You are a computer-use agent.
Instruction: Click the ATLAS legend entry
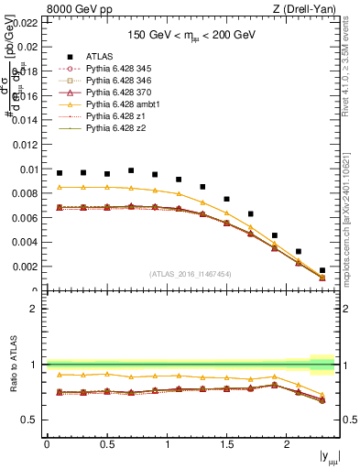(98, 57)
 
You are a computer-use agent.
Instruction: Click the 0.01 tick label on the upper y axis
(28, 169)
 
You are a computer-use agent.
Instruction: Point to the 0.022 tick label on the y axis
(26, 22)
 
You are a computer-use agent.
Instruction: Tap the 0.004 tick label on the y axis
(26, 243)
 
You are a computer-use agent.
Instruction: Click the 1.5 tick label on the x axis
(227, 444)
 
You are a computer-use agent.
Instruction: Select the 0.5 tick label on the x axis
(107, 444)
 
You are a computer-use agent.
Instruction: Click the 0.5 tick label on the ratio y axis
(31, 420)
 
